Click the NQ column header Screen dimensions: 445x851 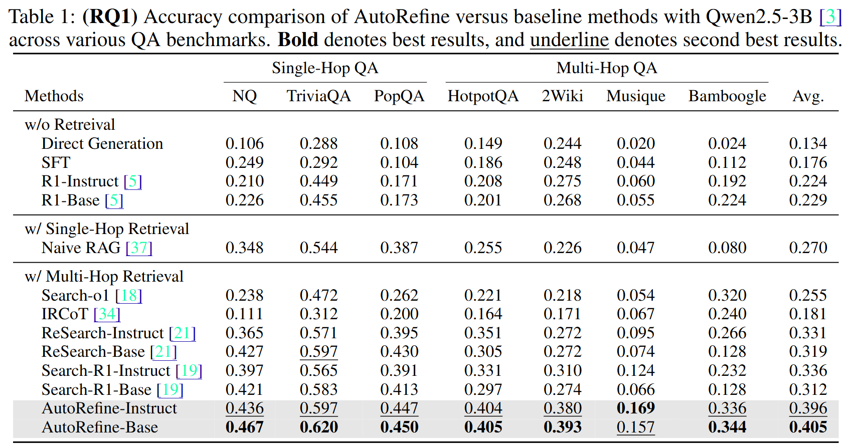click(x=244, y=96)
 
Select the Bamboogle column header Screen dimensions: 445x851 click(x=727, y=96)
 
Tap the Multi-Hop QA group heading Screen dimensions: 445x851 click(x=606, y=68)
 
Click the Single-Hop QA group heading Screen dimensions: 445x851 click(x=324, y=68)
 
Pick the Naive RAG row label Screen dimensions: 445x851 click(x=81, y=248)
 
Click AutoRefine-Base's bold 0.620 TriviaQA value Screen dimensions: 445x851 click(x=318, y=427)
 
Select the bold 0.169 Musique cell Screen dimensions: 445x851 click(x=635, y=408)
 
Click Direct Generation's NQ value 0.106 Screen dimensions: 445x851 click(x=244, y=144)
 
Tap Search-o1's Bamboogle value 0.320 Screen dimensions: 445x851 click(x=727, y=295)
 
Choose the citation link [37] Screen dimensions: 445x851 click(x=139, y=248)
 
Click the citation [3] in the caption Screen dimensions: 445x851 click(x=830, y=17)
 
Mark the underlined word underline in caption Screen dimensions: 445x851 click(x=569, y=40)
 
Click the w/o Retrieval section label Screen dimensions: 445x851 click(x=70, y=124)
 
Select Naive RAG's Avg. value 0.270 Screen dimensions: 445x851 click(x=807, y=248)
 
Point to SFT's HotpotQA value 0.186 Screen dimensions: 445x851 click(x=482, y=162)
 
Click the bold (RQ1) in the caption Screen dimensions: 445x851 click(x=110, y=17)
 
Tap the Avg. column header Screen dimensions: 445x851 click(x=807, y=96)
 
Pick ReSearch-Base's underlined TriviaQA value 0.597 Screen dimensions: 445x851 click(x=318, y=352)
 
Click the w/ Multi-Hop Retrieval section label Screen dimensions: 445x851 click(x=104, y=276)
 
